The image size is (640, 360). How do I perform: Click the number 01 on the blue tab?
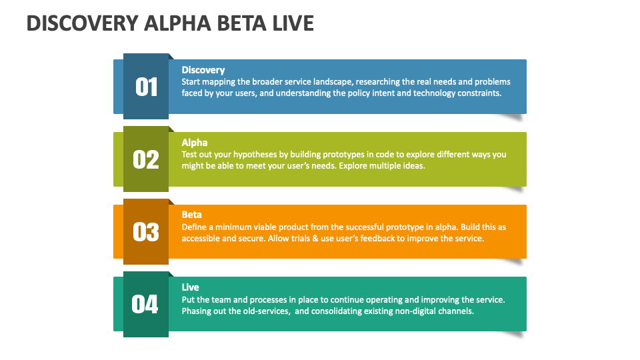point(146,87)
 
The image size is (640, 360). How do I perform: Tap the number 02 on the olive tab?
point(146,159)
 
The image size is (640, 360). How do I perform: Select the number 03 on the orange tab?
point(146,232)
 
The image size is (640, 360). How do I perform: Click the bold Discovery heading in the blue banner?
point(203,70)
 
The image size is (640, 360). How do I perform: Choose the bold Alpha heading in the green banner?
point(195,142)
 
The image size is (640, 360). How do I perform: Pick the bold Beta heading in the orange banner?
point(192,215)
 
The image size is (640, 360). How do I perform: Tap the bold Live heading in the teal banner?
point(191,287)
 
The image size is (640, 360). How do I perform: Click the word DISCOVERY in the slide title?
point(81,24)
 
